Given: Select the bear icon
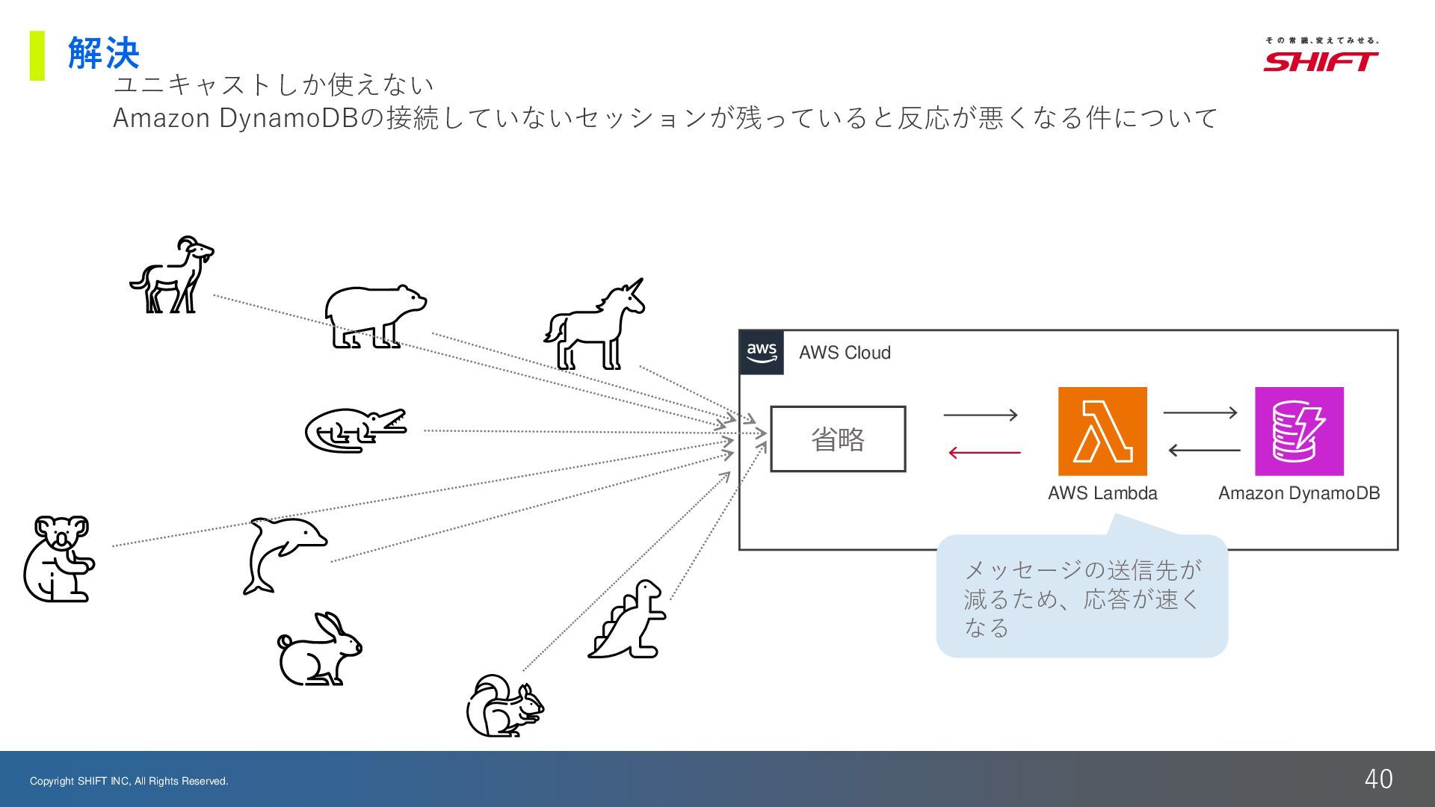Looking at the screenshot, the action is [374, 316].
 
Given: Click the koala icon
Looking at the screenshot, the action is [59, 558].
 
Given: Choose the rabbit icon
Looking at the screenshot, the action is [318, 650].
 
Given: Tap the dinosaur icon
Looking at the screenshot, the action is [629, 619].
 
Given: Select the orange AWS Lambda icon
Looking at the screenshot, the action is [1102, 431].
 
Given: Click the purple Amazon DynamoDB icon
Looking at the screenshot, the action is [1299, 431].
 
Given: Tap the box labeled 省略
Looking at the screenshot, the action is [838, 439].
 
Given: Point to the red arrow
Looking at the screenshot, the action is [984, 452].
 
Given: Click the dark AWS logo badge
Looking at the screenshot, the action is [762, 352].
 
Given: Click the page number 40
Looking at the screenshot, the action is [1378, 779].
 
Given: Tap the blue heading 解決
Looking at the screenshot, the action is [103, 53].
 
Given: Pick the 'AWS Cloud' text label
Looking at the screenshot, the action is [845, 353].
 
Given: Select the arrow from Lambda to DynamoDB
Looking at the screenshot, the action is [1200, 412].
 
